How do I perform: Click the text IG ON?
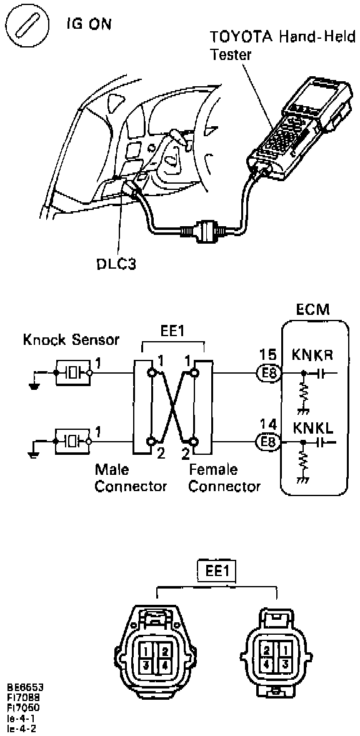pos(89,24)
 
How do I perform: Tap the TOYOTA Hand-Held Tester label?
pos(282,46)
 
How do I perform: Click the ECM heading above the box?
pos(313,310)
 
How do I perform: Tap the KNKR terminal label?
pos(312,356)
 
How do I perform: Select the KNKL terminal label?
pos(312,427)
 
